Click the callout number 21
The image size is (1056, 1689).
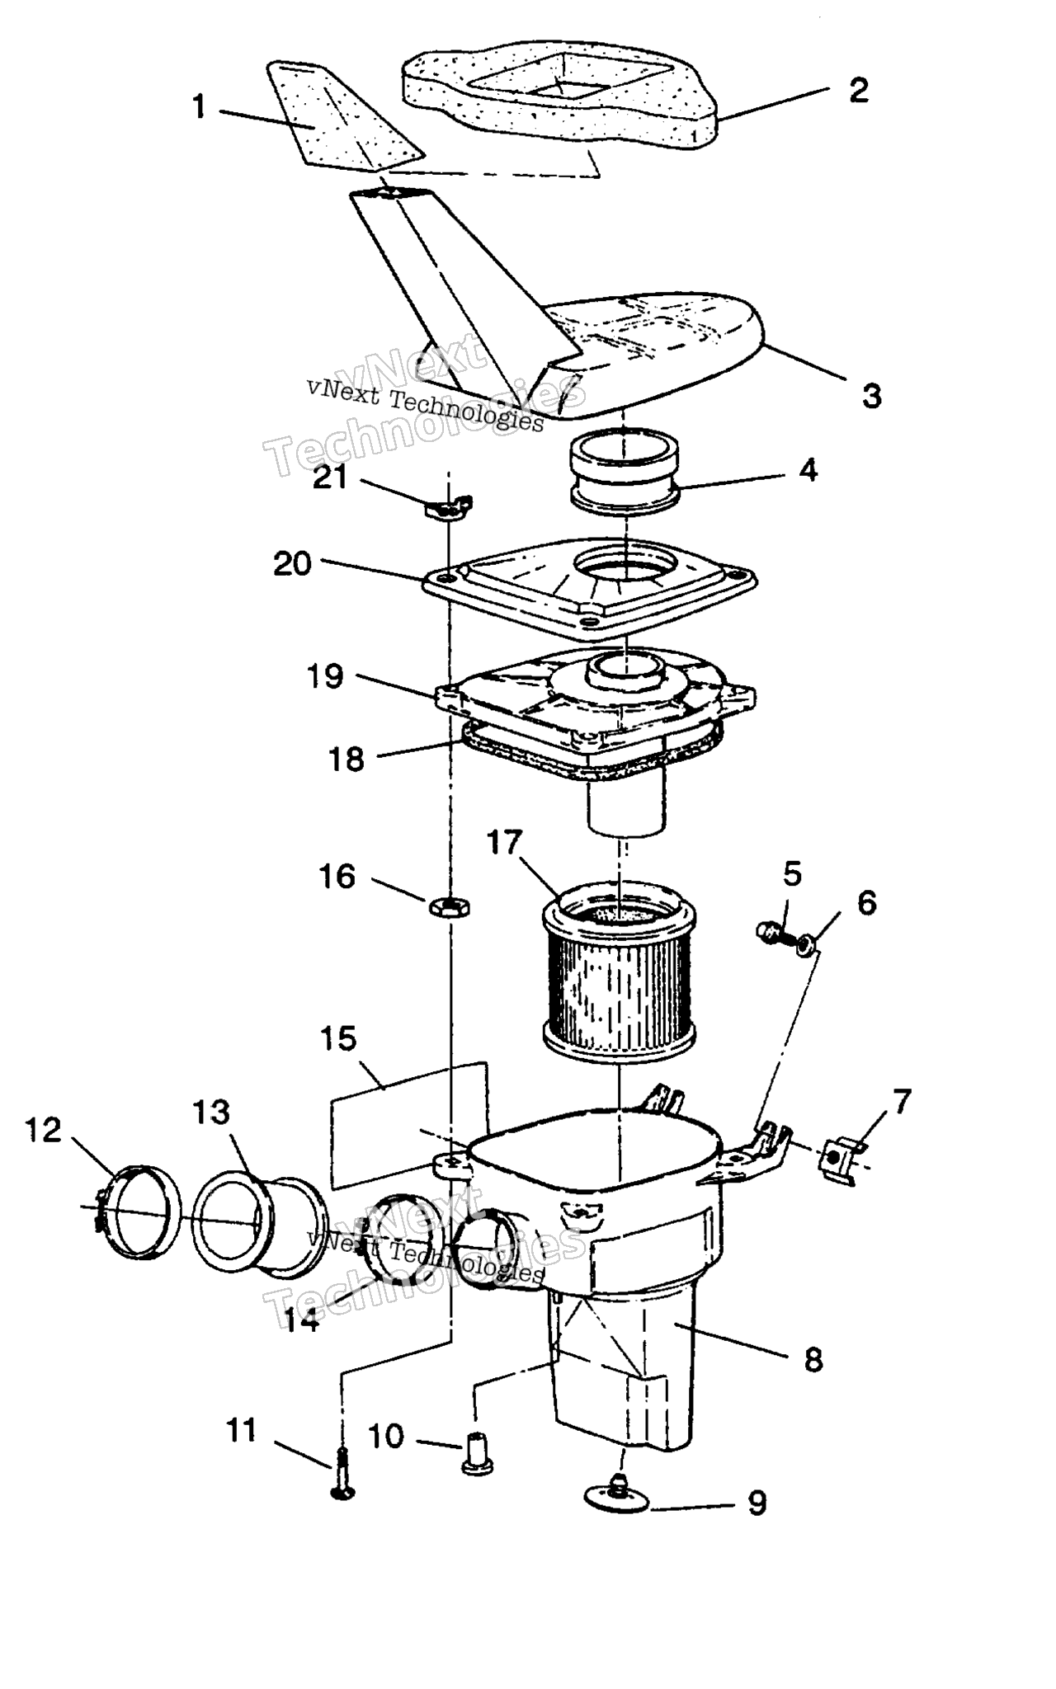point(330,477)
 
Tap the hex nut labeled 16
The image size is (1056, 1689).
point(450,906)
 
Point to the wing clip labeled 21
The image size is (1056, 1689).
point(449,507)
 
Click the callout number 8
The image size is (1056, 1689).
point(813,1360)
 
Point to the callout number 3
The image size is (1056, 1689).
point(872,396)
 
